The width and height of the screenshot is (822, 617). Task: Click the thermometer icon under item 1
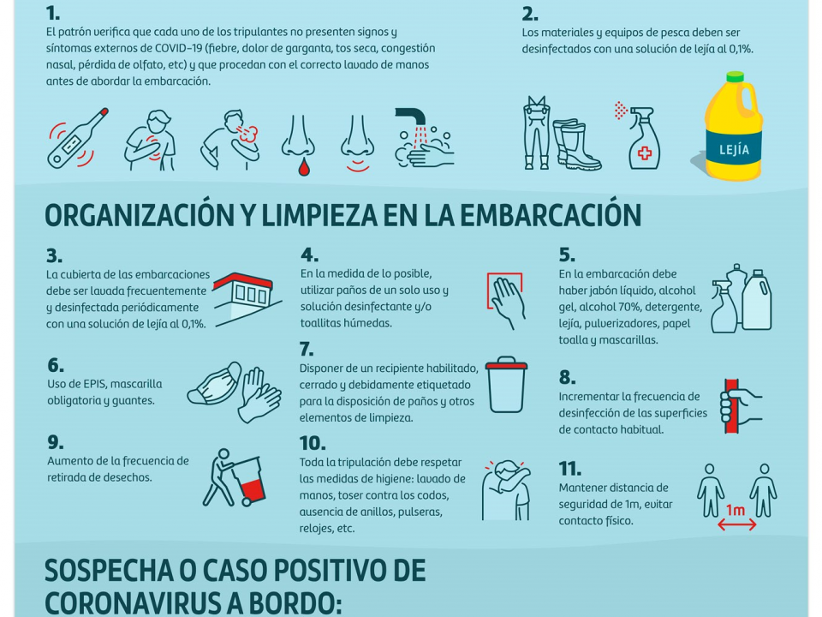click(78, 139)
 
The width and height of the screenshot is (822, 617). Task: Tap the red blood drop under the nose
click(303, 167)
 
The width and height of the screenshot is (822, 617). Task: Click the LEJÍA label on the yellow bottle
click(734, 149)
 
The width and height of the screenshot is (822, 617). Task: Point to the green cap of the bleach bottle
click(734, 76)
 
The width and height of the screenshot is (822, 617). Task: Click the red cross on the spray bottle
click(644, 153)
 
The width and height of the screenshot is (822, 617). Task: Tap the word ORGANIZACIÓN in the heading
click(140, 214)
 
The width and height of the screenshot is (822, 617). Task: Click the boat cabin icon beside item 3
click(247, 299)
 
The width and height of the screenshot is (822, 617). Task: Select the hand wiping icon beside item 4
click(505, 301)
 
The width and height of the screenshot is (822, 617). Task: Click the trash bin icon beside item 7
click(506, 385)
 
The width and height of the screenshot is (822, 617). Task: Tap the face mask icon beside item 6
click(214, 385)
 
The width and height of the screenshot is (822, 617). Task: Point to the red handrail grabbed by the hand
click(732, 405)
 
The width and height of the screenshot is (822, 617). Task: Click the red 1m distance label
click(735, 509)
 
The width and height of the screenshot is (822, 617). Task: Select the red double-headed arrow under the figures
click(736, 524)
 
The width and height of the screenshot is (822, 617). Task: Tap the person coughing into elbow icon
click(506, 490)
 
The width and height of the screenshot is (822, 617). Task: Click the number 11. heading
click(570, 468)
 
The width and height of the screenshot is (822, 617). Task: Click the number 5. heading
click(567, 255)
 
